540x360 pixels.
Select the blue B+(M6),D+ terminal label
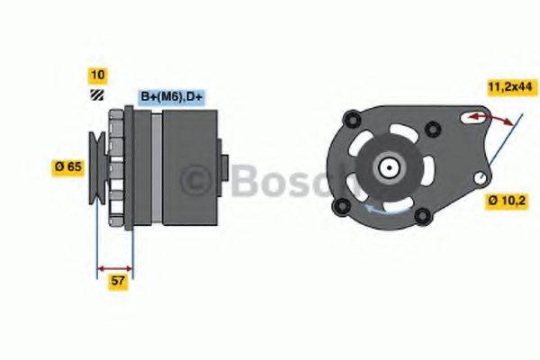[170, 96]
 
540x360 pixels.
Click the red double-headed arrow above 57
[114, 268]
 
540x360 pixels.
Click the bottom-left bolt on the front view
[340, 208]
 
